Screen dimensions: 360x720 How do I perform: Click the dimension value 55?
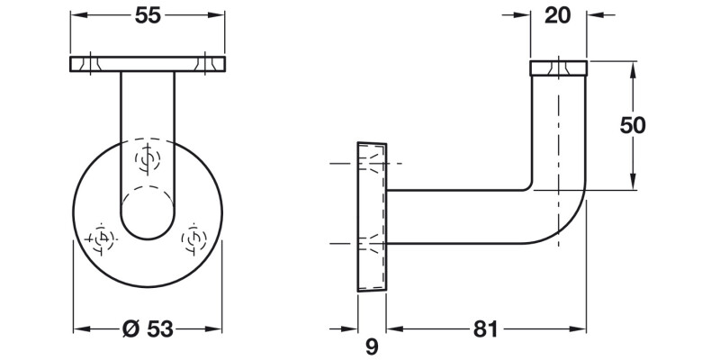[x=148, y=15]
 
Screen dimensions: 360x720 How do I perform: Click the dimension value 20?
[x=557, y=15]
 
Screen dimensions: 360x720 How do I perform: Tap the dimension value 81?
[x=484, y=328]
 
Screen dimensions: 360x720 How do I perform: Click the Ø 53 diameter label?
[x=148, y=328]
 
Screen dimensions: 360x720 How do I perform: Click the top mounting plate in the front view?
[x=148, y=64]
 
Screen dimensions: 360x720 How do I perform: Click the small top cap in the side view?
[x=558, y=67]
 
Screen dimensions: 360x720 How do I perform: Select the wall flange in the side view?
[x=372, y=218]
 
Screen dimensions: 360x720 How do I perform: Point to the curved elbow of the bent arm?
[x=562, y=216]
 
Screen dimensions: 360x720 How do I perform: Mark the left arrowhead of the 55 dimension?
[x=76, y=15]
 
